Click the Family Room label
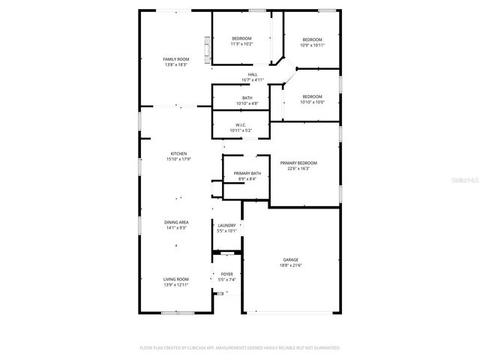tap(175, 59)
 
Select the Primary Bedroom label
tap(298, 163)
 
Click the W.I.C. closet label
tap(241, 125)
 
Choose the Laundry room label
tap(226, 225)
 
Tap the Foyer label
tap(226, 274)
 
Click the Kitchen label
tap(178, 154)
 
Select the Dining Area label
tap(176, 222)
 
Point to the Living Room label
tap(176, 279)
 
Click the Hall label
tap(253, 74)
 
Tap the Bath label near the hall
tap(247, 97)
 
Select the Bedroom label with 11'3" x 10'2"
tap(241, 38)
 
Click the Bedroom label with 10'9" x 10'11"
tap(312, 40)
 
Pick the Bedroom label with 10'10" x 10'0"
tap(312, 97)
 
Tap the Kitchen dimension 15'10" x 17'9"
tap(178, 159)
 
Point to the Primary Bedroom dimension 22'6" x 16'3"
tap(298, 168)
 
